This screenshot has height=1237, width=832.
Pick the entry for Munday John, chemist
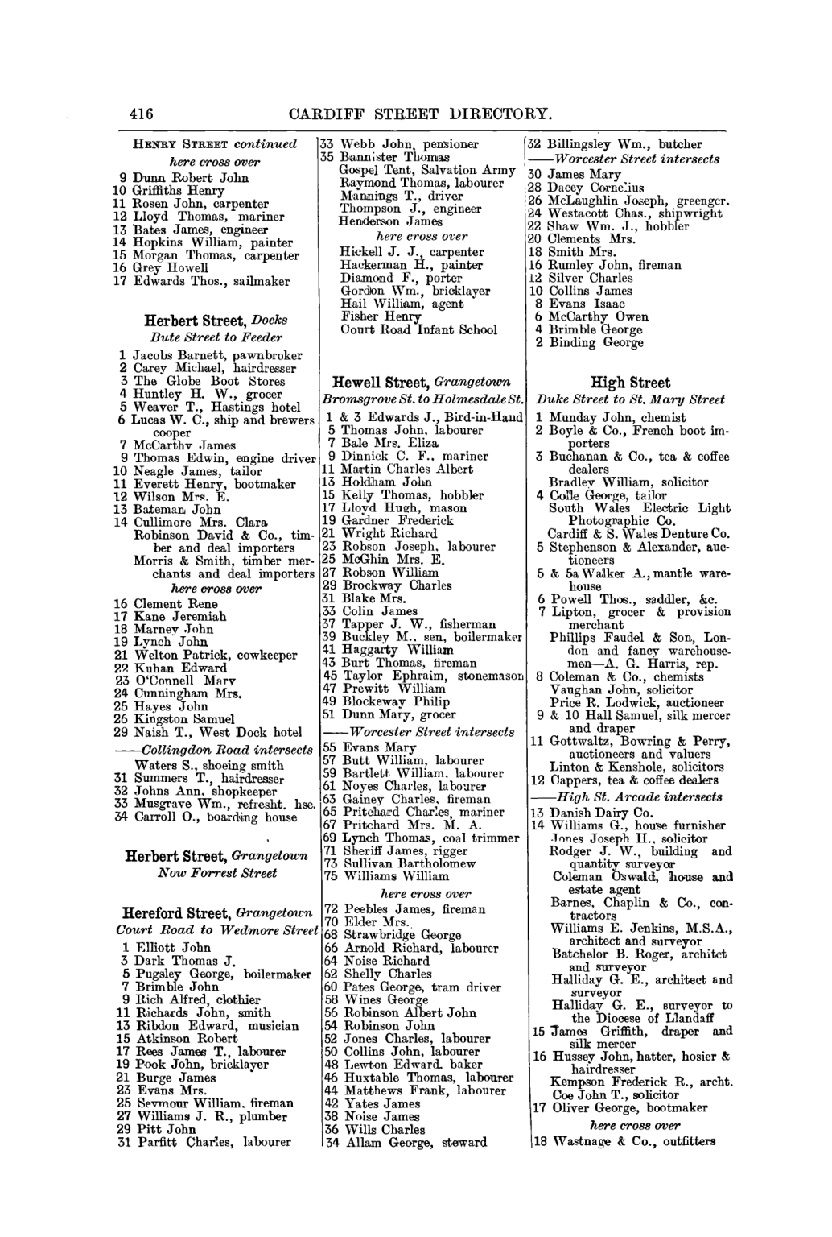pos(612,417)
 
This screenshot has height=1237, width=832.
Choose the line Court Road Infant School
pos(418,329)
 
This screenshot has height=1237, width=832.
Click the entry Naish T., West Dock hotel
pos(208,732)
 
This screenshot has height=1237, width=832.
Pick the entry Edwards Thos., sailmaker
pos(200,281)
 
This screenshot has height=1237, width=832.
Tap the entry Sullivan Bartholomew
pos(398,863)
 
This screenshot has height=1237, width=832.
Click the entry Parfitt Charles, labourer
pos(204,1142)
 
